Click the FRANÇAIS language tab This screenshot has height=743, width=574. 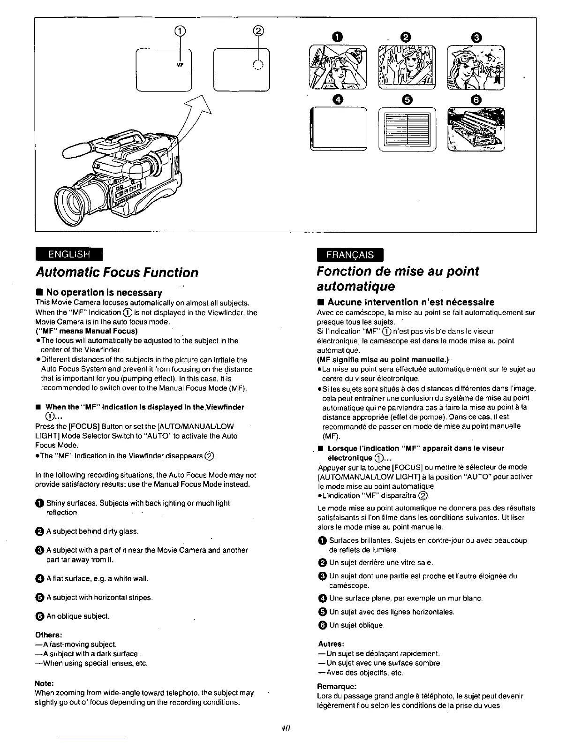coord(351,255)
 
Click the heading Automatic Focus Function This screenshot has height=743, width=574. coord(117,273)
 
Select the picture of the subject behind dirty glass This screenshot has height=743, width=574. coord(407,67)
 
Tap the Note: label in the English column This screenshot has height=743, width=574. coord(44,683)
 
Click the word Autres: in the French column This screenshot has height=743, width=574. coord(331,643)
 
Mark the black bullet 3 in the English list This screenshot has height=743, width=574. coord(39,550)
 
